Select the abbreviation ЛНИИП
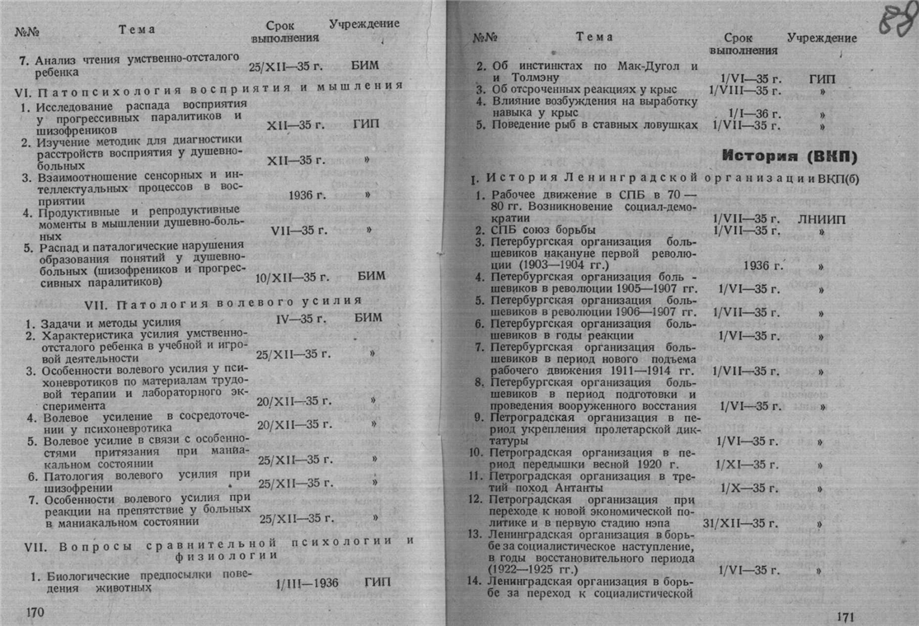(821, 219)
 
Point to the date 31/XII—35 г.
(740, 523)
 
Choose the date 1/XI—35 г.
(747, 465)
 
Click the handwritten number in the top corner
(897, 20)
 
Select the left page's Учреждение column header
(363, 24)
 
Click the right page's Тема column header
(594, 36)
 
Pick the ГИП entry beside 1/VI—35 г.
(822, 78)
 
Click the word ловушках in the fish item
(667, 124)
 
